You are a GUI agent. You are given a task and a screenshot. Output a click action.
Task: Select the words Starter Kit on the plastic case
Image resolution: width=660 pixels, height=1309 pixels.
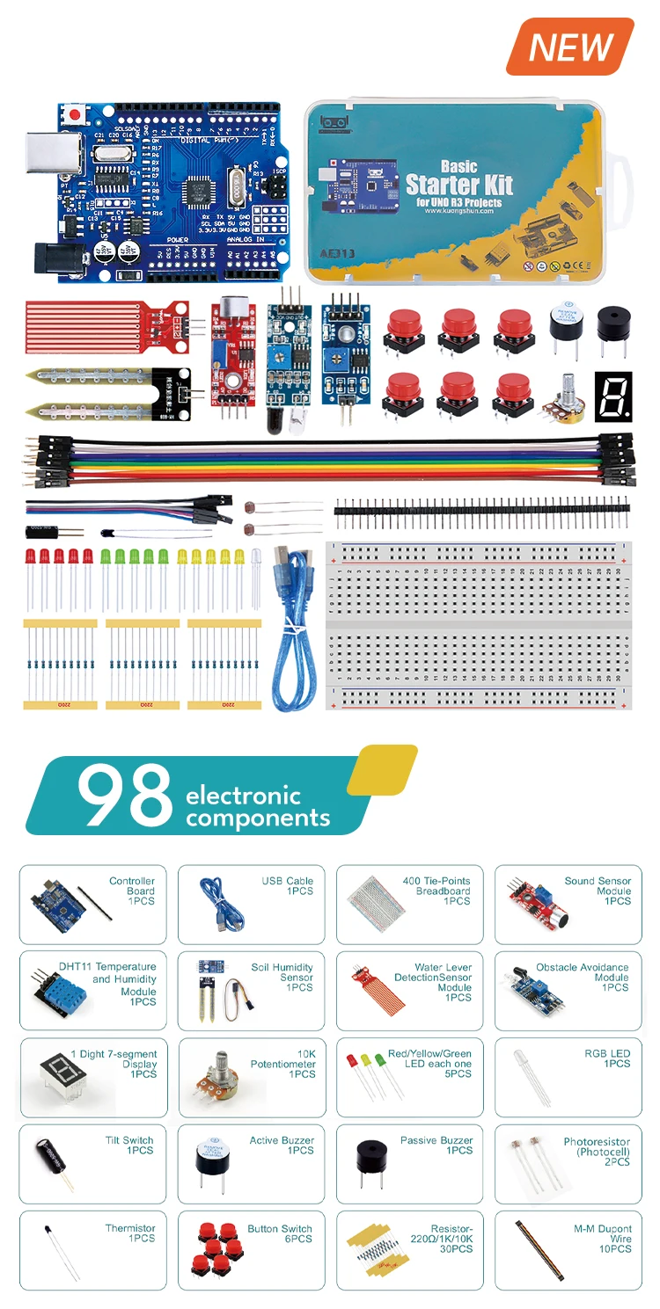pyautogui.click(x=458, y=185)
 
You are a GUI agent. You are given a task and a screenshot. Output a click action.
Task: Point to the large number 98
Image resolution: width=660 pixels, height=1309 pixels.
pyautogui.click(x=124, y=796)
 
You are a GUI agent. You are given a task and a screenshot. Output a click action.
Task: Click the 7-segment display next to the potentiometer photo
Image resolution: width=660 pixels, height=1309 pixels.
pyautogui.click(x=613, y=396)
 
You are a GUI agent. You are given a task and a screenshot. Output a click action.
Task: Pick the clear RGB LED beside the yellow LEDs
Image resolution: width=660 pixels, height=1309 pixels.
pyautogui.click(x=256, y=576)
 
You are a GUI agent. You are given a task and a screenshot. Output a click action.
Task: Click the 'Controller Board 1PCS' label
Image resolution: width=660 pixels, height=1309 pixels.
pyautogui.click(x=132, y=891)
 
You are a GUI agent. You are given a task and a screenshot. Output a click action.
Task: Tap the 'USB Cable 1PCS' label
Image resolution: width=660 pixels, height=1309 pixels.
pyautogui.click(x=288, y=886)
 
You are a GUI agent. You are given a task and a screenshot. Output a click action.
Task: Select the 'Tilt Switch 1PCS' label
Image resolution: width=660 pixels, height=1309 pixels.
pyautogui.click(x=129, y=1145)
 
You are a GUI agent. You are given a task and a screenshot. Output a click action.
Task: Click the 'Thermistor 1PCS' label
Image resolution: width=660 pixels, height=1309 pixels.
pyautogui.click(x=130, y=1233)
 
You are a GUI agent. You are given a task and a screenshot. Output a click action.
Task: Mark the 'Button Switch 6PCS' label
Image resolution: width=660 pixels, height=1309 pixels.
pyautogui.click(x=280, y=1233)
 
